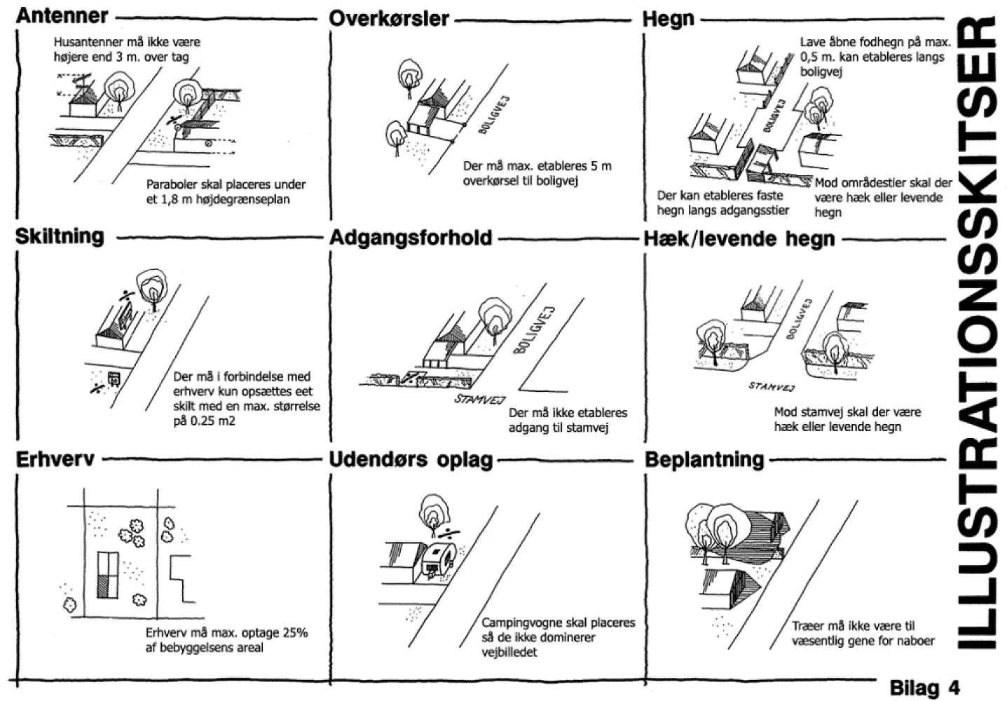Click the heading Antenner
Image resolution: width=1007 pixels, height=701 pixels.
62,16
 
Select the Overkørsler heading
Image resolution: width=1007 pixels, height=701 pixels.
389,18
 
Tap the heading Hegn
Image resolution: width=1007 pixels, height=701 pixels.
668,20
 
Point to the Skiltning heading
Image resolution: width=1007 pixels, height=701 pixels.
60,236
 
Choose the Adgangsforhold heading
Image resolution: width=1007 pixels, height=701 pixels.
411,238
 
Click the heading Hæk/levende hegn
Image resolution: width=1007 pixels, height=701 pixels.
739,239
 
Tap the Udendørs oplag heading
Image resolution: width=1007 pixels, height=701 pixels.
411,461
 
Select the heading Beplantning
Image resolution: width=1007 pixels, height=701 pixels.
704,459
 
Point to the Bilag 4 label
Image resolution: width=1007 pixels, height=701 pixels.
924,687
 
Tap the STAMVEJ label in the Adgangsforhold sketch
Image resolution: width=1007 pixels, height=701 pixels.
480,399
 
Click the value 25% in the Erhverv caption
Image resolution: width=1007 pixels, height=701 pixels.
295,632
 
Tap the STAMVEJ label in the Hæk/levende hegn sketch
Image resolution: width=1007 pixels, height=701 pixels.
771,386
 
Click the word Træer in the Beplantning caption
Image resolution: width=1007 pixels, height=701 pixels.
807,626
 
